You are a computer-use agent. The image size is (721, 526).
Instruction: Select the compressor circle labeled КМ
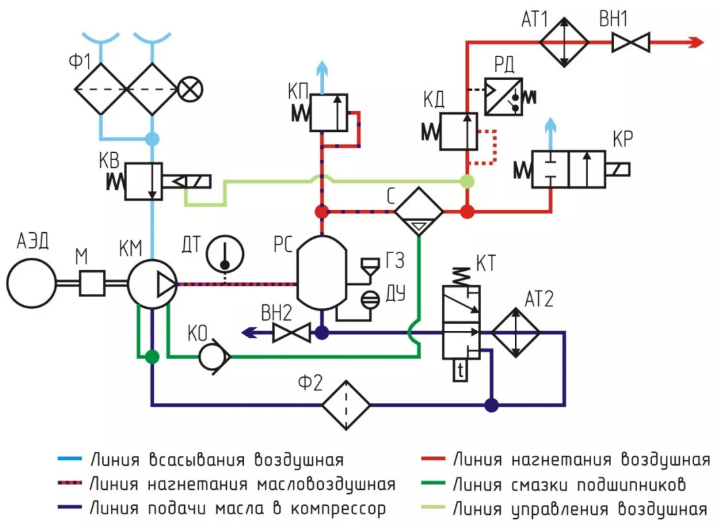tap(151, 283)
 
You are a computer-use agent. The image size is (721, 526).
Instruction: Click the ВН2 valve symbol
tap(291, 333)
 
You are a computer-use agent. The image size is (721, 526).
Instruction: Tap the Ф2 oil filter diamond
tap(345, 405)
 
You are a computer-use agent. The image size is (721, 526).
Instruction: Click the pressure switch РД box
tap(503, 96)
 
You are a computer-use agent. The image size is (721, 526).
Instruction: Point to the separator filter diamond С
tap(419, 212)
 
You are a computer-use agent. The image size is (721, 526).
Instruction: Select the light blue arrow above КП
tap(322, 70)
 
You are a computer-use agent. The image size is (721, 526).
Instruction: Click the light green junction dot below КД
tap(467, 181)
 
